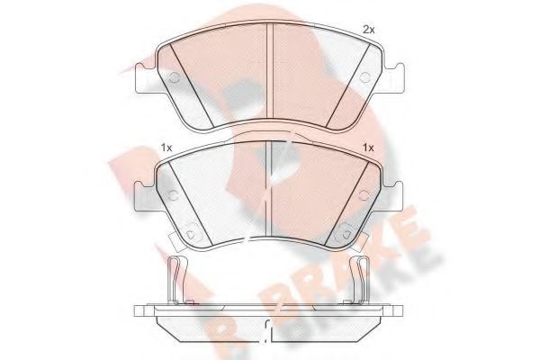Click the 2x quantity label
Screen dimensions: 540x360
pyautogui.click(x=369, y=31)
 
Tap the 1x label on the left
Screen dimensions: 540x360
pyautogui.click(x=166, y=148)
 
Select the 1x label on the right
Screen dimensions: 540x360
pyautogui.click(x=368, y=148)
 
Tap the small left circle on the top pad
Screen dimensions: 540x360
pyautogui.click(x=175, y=78)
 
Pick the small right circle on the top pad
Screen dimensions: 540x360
pyautogui.click(x=364, y=77)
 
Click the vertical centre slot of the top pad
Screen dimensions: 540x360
pyautogui.click(x=270, y=70)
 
